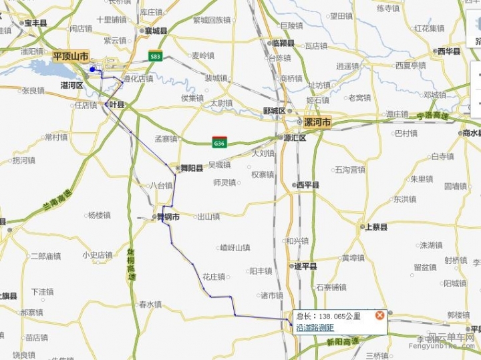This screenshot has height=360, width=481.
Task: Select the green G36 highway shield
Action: (219, 143)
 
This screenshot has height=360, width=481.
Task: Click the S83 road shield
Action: (156, 57)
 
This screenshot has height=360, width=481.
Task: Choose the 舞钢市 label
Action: (168, 217)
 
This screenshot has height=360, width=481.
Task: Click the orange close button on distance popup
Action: (379, 315)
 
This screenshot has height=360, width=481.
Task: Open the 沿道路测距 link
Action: (315, 327)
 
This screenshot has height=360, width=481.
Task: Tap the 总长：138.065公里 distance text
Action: (329, 316)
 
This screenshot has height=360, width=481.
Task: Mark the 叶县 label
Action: (116, 105)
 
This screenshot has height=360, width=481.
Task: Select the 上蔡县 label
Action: (375, 227)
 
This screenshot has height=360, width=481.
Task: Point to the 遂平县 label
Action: (305, 266)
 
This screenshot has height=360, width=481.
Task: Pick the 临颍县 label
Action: (283, 43)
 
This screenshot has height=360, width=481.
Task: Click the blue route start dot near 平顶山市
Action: (92, 69)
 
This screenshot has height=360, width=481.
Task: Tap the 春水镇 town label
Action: (150, 305)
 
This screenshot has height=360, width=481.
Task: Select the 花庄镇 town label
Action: (214, 277)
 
